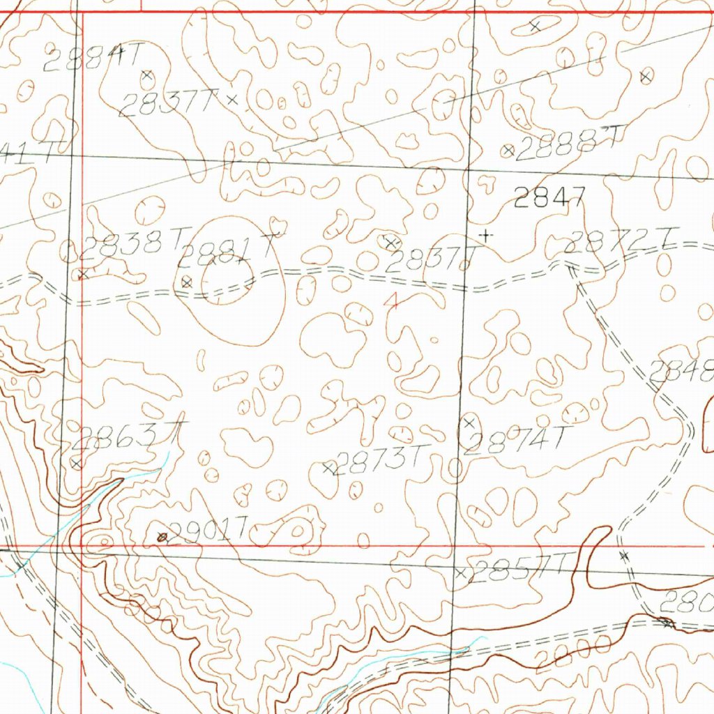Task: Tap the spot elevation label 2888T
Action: point(569,144)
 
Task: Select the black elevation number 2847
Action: point(549,199)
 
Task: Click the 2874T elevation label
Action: point(517,441)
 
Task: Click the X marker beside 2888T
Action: point(508,150)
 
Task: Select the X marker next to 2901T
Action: point(162,536)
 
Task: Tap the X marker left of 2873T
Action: point(328,468)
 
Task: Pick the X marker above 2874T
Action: point(469,423)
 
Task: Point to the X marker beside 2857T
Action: point(460,573)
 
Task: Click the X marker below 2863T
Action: point(77,462)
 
